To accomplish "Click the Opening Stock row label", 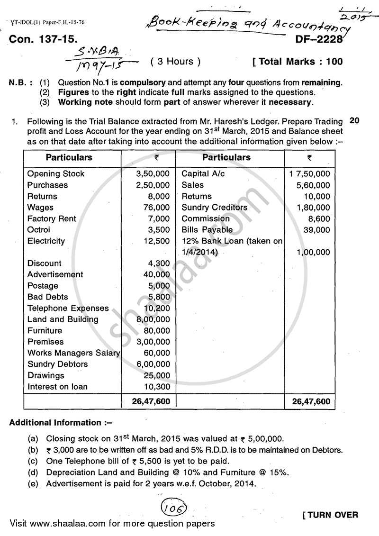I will tap(56, 174).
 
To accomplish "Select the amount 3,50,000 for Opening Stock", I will tap(152, 174).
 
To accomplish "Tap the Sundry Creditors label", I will tap(214, 208).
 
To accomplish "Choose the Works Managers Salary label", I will tap(73, 353).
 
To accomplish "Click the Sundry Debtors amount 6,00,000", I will tap(152, 364).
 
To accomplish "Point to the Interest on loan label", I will tap(57, 387).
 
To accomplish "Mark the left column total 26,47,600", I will tap(149, 401).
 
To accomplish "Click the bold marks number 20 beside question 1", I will tap(354, 121).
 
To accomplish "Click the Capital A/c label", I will tap(203, 174).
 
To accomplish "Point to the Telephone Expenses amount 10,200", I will tap(156, 309).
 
